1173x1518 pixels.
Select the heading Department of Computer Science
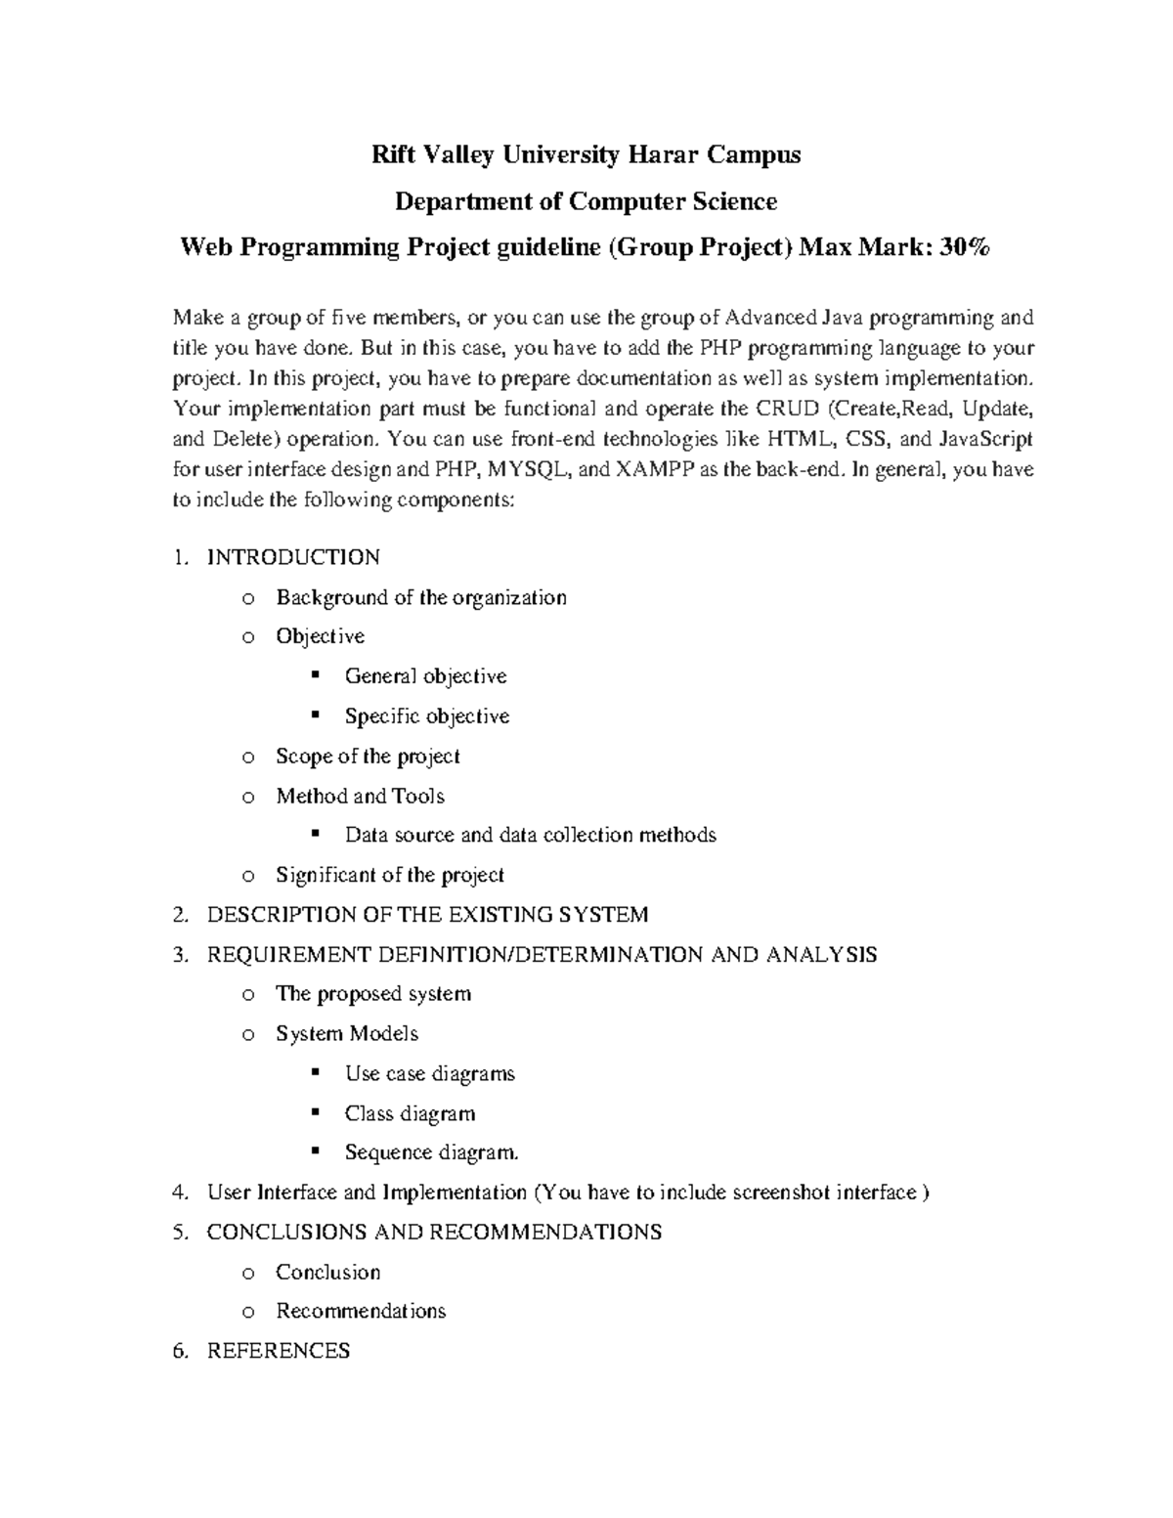586,201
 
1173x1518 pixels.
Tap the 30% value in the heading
964,248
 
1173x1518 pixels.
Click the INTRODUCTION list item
293,557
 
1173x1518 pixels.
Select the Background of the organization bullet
420,597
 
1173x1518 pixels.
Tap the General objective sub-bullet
425,676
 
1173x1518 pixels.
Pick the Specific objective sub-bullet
427,716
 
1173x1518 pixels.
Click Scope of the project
368,757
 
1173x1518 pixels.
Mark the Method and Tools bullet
360,796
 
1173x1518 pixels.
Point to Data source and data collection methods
530,835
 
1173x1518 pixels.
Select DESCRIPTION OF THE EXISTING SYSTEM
427,915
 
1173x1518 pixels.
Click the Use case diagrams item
429,1073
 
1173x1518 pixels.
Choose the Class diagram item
410,1113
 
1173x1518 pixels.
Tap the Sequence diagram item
431,1152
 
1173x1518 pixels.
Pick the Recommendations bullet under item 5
361,1311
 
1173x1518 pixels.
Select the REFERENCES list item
279,1351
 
